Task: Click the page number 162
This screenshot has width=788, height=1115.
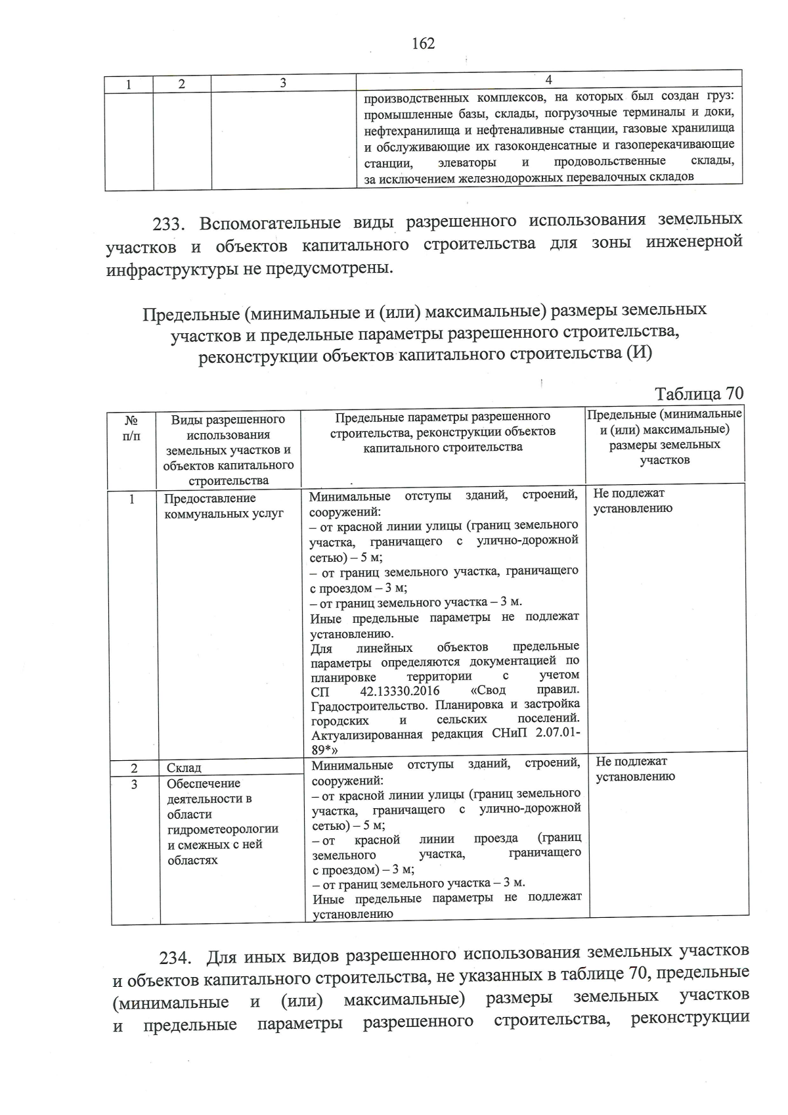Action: click(423, 43)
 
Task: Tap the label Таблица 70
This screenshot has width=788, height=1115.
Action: click(699, 394)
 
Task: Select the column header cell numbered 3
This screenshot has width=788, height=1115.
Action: click(283, 83)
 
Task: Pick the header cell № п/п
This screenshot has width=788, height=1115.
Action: click(131, 427)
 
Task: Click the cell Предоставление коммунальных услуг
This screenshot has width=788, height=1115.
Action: click(223, 506)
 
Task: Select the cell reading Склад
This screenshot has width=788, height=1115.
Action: click(184, 767)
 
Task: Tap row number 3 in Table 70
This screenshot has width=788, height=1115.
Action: click(134, 784)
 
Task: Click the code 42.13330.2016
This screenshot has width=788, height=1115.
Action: click(400, 691)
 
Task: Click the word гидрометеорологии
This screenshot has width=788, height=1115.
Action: click(223, 829)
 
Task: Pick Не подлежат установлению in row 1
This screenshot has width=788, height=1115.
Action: click(632, 501)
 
